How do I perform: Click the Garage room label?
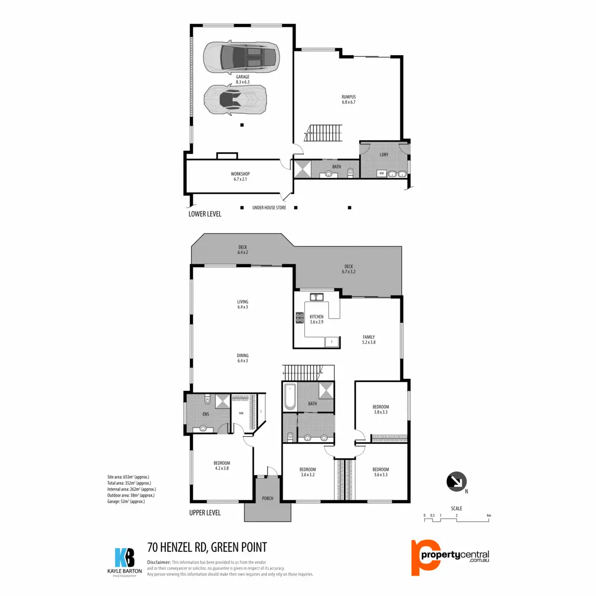tap(242, 79)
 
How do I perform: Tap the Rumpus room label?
tap(349, 99)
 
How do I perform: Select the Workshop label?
tap(240, 176)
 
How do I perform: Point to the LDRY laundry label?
tap(384, 154)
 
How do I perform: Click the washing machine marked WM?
tap(381, 173)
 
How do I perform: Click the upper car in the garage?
tap(241, 56)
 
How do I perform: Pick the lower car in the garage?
tap(235, 99)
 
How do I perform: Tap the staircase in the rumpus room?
tap(323, 133)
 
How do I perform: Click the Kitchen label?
tap(316, 319)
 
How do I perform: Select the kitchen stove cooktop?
tap(299, 317)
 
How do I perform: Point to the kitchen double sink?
tap(316, 297)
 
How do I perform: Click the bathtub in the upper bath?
tap(290, 397)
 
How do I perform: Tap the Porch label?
tap(268, 498)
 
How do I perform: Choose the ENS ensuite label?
tap(206, 414)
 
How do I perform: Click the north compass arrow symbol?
tap(456, 481)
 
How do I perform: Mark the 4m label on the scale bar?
tap(489, 516)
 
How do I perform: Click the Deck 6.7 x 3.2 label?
tap(349, 269)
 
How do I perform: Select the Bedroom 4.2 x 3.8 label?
tap(222, 465)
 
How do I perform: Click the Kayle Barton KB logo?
tap(124, 558)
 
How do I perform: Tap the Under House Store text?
tap(269, 208)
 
